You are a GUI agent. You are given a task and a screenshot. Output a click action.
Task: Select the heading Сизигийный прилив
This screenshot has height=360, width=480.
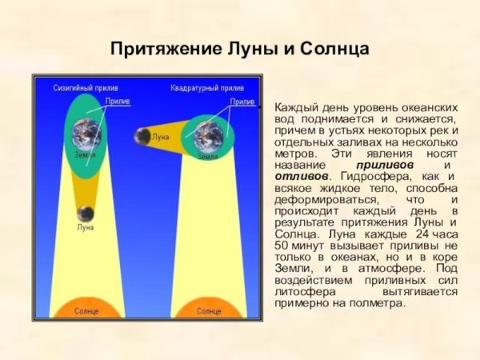pos(86,86)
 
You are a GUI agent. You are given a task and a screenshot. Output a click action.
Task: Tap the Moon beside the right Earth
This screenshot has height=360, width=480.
pos(143,137)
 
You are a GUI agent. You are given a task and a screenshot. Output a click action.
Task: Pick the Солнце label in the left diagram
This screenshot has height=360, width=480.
pos(86,310)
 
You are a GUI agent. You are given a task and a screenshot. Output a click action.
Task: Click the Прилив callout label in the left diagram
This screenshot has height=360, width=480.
pos(118,102)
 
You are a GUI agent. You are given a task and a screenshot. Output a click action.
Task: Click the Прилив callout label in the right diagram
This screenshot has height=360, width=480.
pos(242,102)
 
